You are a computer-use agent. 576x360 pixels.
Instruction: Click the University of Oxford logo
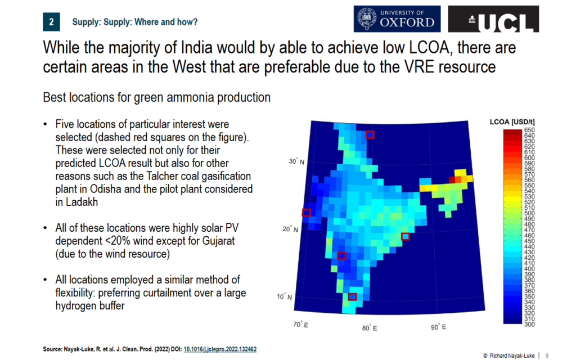[397, 19]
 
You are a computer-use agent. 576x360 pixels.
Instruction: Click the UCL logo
[493, 19]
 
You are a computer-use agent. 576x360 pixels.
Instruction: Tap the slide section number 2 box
[51, 22]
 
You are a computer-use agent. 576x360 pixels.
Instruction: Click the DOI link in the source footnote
[221, 349]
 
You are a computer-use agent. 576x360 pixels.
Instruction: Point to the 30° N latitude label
[296, 162]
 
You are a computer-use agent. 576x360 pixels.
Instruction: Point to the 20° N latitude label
[291, 229]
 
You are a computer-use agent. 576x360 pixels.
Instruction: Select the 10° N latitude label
[285, 296]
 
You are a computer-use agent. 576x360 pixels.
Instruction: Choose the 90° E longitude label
[438, 327]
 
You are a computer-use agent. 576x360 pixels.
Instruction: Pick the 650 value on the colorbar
[529, 130]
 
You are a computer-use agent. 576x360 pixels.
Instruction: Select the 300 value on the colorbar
[529, 324]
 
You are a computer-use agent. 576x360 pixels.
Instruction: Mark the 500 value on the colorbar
[529, 213]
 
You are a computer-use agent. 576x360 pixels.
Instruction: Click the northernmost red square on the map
[370, 134]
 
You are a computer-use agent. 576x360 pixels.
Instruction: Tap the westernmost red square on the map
[307, 213]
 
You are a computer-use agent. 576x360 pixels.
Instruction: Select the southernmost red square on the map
[353, 296]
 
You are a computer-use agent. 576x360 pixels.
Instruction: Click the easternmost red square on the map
[405, 236]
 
